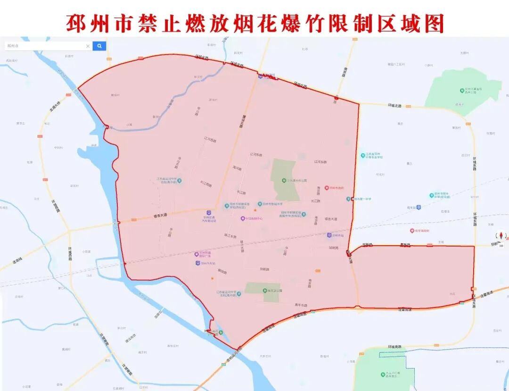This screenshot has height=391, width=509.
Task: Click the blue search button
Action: [99, 46]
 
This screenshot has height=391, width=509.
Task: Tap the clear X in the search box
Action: [88, 46]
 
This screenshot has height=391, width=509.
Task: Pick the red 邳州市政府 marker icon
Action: [326, 188]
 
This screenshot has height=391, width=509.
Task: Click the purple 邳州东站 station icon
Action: [329, 234]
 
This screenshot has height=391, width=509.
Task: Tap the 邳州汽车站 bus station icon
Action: [197, 263]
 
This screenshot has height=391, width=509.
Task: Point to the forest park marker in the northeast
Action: [462, 90]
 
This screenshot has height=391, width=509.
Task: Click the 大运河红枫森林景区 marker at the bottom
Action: [382, 374]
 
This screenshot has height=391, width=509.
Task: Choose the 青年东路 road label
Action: [301, 305]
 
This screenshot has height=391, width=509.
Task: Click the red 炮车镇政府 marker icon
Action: [411, 231]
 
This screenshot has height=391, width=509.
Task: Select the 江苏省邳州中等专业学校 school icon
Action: [363, 155]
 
